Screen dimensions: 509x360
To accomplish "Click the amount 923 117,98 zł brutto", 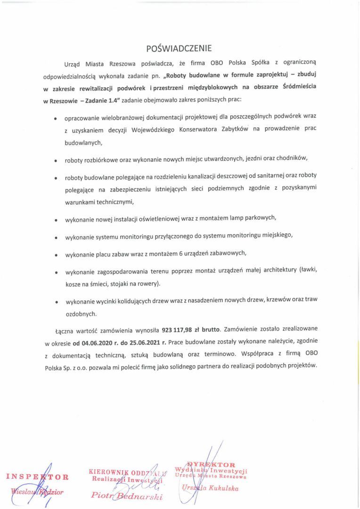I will pos(188,330).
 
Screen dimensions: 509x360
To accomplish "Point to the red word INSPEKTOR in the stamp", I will pos(38,476).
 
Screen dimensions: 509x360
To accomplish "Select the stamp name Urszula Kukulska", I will pos(210,488).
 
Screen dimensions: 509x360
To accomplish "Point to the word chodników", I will pos(291,159).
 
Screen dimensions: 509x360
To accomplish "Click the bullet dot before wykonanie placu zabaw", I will pos(56,255).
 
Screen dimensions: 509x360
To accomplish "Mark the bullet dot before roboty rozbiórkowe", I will pos(56,161).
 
